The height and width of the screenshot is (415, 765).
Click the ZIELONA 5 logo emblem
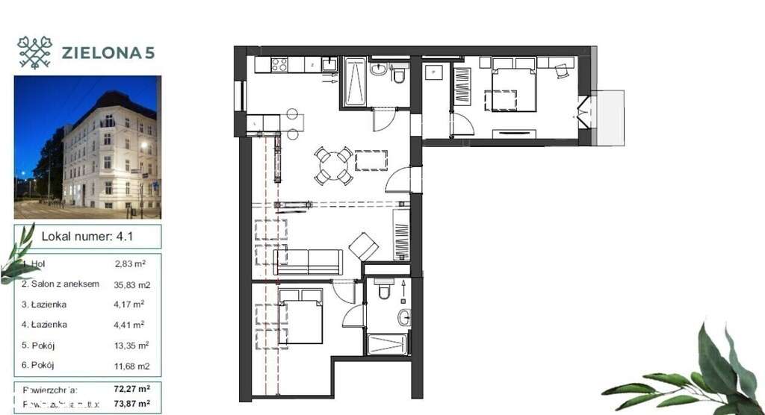34,52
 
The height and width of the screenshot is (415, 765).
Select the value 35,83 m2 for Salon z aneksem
132,284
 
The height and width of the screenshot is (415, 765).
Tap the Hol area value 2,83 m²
129,263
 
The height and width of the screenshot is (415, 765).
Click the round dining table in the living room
333,166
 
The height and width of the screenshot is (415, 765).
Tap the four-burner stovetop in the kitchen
280,65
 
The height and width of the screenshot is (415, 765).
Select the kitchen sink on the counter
328,65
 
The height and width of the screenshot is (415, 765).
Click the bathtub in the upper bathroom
354,82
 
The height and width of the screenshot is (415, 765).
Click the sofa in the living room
309,261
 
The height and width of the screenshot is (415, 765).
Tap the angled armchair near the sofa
365,246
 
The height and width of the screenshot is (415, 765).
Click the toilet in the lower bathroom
384,288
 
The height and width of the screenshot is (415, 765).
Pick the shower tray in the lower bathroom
387,344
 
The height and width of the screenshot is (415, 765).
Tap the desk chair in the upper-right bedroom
562,70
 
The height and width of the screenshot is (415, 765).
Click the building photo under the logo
87,147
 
